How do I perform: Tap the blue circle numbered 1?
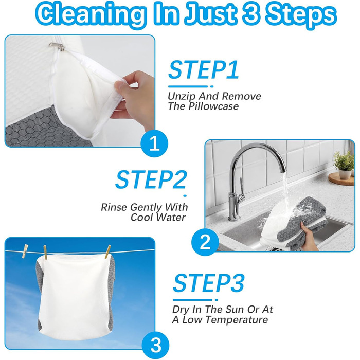tap(154, 143)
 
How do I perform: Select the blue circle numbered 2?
tap(205, 242)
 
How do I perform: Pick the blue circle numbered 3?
tap(156, 345)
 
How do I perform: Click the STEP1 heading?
tap(204, 69)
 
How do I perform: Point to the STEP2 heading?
tap(151, 179)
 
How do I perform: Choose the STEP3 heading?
tap(208, 283)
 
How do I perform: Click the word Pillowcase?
tap(213, 106)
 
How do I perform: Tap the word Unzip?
tap(182, 97)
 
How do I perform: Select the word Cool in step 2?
tap(142, 217)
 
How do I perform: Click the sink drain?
tap(274, 248)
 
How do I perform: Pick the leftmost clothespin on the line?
tap(25, 251)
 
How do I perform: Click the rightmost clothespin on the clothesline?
tap(107, 251)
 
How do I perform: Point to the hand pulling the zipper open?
tap(133, 97)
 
